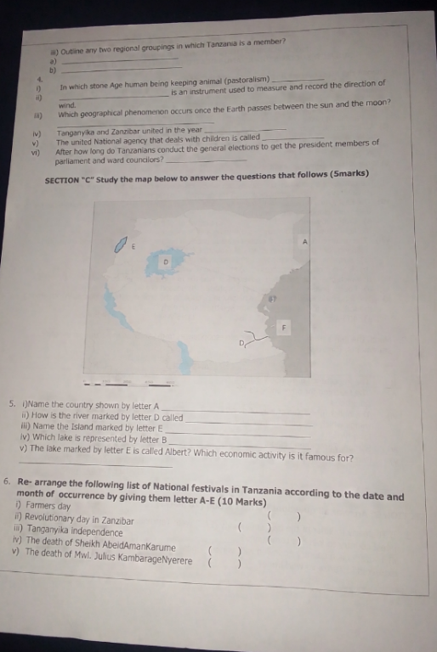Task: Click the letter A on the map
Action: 305,242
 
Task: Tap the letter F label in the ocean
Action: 284,327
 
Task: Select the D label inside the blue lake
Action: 166,262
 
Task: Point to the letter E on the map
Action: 133,246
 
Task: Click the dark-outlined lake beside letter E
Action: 121,244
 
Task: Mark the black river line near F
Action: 257,337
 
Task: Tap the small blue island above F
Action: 271,299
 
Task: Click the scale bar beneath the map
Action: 128,384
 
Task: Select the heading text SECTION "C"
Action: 69,181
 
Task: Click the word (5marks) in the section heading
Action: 349,173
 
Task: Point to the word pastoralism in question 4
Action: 247,80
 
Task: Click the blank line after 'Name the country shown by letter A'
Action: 236,410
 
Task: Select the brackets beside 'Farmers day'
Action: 284,517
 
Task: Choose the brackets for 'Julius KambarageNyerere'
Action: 224,564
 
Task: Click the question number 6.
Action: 7,481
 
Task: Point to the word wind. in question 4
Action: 67,105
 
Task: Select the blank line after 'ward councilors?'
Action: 206,160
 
